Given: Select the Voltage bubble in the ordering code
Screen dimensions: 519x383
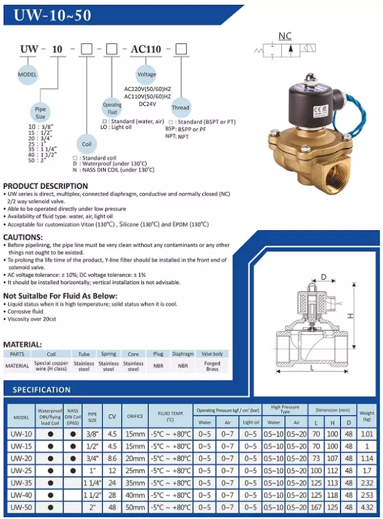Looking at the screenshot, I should click(x=147, y=75).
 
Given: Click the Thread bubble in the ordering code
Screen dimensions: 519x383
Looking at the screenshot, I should click(x=180, y=108).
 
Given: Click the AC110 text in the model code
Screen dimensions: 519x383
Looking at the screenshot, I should click(x=146, y=49).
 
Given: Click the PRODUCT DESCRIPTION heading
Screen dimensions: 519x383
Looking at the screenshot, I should click(x=45, y=186).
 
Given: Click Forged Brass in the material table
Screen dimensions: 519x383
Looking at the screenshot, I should click(x=212, y=366).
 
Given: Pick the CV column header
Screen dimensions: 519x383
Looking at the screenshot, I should click(x=111, y=417).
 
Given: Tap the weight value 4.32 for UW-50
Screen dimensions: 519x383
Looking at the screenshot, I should click(x=367, y=508).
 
